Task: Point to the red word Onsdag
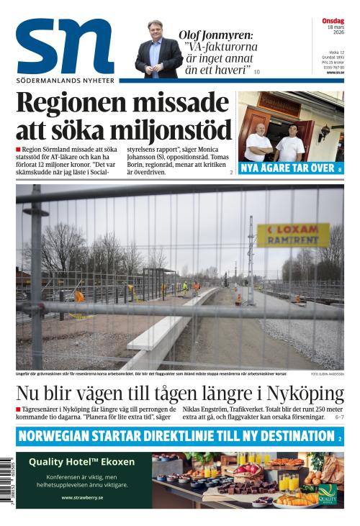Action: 333,21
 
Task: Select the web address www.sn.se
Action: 335,73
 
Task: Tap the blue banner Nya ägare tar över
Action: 291,168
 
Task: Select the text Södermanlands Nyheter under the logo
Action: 65,80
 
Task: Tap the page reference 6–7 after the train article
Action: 338,417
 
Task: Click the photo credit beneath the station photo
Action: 327,374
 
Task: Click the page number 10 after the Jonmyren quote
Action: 256,72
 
